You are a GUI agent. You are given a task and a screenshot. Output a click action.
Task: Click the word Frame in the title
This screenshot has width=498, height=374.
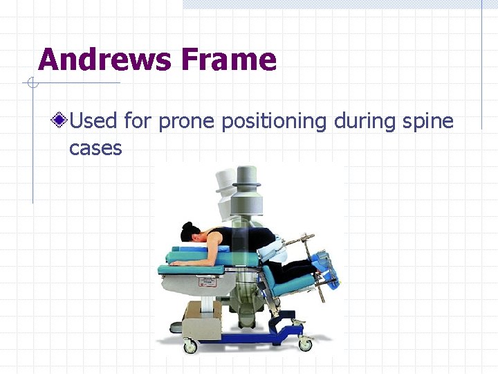228,60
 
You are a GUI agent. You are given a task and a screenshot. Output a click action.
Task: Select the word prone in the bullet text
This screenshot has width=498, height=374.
187,122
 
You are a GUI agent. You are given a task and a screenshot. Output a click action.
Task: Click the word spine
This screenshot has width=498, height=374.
425,122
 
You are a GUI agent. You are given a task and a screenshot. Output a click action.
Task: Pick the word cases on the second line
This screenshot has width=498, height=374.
95,148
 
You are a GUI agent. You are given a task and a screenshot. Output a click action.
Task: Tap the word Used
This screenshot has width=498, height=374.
93,122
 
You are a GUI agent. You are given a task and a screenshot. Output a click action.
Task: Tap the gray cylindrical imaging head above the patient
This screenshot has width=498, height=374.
246,201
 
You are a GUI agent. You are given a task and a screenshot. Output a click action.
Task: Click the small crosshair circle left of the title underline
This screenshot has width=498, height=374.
31,84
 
